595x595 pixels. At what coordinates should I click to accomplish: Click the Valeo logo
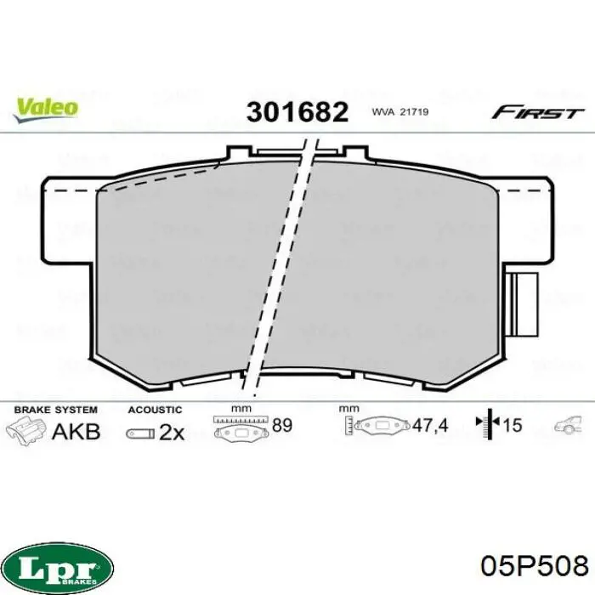point(46,110)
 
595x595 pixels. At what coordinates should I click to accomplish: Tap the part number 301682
point(297,112)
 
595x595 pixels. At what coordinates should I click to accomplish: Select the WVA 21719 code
point(400,112)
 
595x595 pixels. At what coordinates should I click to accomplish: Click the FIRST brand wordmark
point(538,112)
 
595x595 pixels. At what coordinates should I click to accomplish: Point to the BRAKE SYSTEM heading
point(56,410)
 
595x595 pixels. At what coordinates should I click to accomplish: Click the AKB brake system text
point(76,432)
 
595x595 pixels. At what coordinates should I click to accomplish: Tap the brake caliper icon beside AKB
point(25,430)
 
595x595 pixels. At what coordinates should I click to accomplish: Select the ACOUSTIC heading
point(155,410)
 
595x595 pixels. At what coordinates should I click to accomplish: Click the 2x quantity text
point(172,432)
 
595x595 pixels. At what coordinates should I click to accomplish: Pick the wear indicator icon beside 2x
point(140,433)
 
